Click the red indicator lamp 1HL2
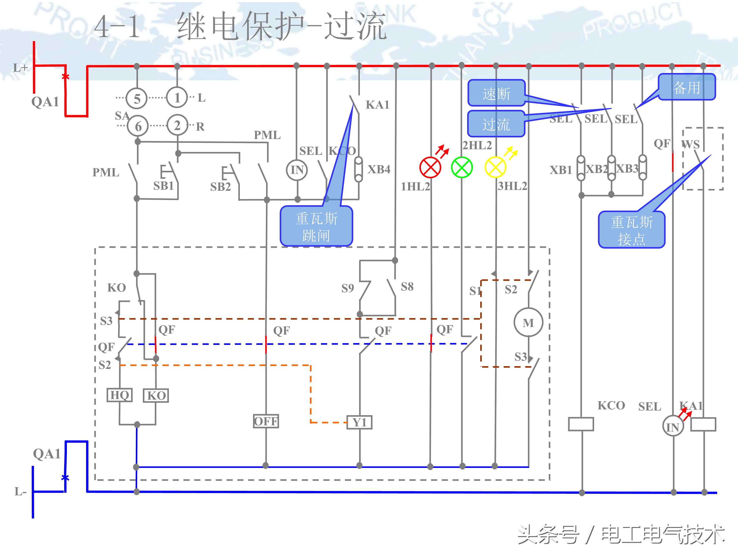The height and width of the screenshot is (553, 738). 430,167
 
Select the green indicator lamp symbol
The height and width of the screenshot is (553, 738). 462,167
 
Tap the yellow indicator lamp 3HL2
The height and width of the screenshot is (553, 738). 495,167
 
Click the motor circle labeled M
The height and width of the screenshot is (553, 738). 528,323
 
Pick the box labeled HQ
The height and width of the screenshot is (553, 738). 120,395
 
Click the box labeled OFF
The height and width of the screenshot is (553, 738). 266,421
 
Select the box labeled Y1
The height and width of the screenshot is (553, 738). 359,422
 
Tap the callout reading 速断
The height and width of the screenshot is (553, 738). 496,93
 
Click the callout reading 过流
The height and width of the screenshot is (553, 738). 496,124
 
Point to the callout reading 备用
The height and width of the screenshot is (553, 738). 687,87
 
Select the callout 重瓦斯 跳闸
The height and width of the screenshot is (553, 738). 316,227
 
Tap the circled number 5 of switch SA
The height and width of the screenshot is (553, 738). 137,99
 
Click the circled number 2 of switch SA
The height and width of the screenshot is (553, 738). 177,125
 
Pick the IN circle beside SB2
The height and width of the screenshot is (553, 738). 297,170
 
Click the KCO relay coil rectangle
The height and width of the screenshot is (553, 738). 581,424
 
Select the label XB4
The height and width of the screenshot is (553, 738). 379,169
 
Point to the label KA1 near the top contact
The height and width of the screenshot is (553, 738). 377,105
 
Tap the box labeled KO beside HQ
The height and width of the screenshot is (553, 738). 156,396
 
